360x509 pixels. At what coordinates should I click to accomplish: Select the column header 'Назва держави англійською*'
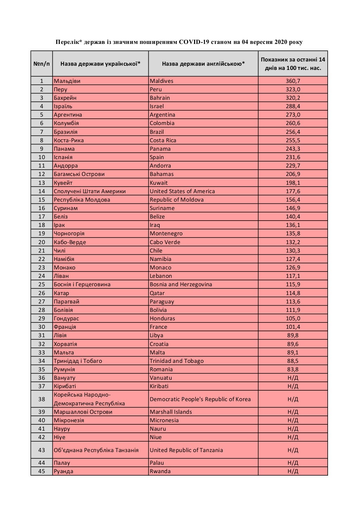[x=203, y=64]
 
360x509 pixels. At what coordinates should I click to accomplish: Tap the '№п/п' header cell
[x=41, y=64]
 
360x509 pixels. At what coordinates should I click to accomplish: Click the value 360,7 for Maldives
[x=293, y=81]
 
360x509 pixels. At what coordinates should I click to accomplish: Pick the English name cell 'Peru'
[x=156, y=89]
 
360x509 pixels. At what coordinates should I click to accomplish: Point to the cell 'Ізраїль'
[x=63, y=106]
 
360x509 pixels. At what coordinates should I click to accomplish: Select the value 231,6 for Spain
[x=293, y=157]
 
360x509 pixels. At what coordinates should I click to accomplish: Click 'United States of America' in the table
[x=182, y=191]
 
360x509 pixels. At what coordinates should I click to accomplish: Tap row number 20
[x=41, y=242]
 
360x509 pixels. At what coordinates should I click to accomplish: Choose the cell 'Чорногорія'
[x=69, y=233]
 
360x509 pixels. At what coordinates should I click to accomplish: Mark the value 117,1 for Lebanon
[x=293, y=276]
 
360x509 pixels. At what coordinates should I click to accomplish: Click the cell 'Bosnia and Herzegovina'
[x=181, y=284]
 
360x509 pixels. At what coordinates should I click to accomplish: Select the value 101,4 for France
[x=293, y=327]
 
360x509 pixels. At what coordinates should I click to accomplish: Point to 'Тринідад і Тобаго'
[x=78, y=361]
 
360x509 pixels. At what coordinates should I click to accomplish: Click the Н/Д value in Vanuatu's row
[x=293, y=378]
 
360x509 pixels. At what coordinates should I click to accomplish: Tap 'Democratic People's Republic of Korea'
[x=200, y=399]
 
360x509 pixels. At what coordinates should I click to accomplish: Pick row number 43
[x=41, y=450]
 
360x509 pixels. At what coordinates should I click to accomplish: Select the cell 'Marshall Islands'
[x=171, y=412]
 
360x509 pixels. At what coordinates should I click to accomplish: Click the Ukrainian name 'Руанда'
[x=64, y=471]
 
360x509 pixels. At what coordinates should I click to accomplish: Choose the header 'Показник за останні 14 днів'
[x=293, y=64]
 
